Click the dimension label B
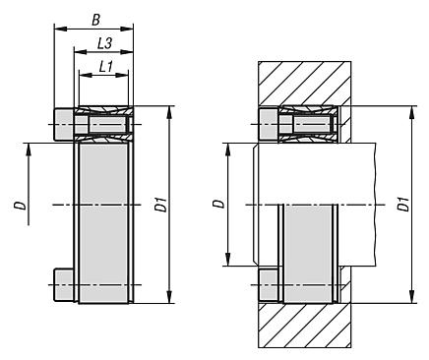point(95,21)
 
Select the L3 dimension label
point(105,43)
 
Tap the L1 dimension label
point(106,67)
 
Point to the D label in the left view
point(20,206)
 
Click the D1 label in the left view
point(161,205)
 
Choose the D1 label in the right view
point(403,204)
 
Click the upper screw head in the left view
point(64,125)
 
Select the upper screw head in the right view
point(269,125)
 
